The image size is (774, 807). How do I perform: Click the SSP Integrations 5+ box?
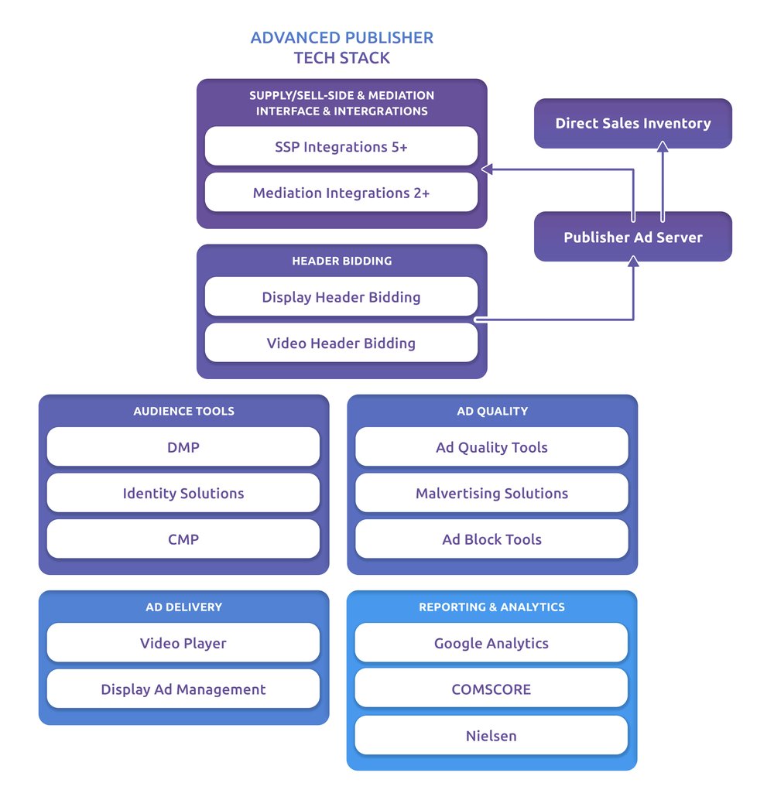341,146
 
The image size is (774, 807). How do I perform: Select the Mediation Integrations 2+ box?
341,193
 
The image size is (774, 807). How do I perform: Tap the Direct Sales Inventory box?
632,123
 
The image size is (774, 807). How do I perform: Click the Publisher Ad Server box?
632,238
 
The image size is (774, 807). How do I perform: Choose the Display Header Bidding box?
341,297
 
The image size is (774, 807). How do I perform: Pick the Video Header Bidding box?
341,343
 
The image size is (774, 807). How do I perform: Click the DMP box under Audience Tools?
183,447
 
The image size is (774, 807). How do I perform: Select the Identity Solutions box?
183,493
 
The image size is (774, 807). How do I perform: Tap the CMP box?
183,539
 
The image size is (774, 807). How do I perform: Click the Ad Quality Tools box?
491,447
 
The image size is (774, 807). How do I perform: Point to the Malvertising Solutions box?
491,493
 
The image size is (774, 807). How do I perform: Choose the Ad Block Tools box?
491,539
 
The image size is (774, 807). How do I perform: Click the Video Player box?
183,643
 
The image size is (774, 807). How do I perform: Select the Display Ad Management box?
183,689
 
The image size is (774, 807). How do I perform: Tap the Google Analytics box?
491,643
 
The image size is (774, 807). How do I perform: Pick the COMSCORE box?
491,689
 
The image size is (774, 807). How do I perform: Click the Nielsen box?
491,735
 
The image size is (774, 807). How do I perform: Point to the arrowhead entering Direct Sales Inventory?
662,145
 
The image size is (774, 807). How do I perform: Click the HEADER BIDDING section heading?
341,261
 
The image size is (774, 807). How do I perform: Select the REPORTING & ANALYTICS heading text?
491,607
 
